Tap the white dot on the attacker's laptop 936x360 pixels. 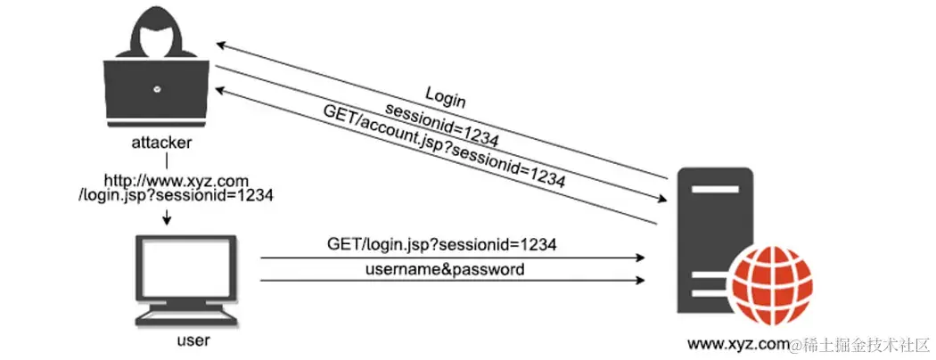tap(157, 88)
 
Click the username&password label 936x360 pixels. tap(443, 268)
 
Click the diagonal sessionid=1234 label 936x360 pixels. tap(440, 122)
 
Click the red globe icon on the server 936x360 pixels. tap(772, 284)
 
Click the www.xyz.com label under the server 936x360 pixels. tap(739, 343)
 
